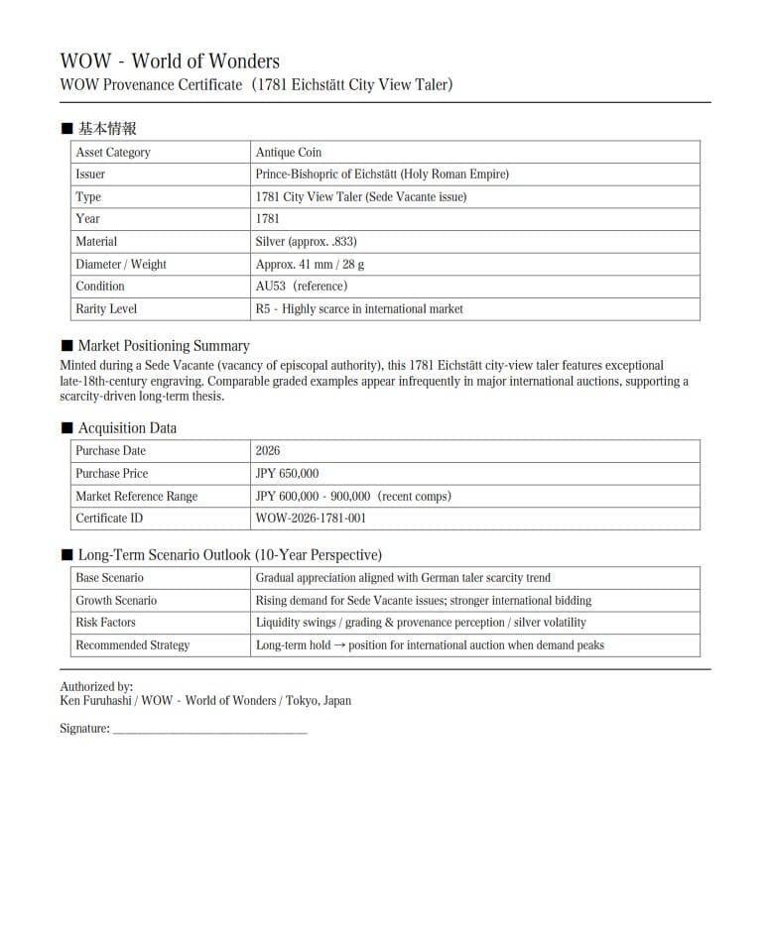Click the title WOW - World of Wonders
click(x=170, y=61)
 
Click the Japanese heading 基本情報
click(x=107, y=129)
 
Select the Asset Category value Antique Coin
click(x=289, y=152)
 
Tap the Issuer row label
click(x=90, y=175)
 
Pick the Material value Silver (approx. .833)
click(x=307, y=242)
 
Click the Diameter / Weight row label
click(x=121, y=265)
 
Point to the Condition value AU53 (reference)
click(x=302, y=287)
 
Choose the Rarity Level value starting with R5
click(x=359, y=309)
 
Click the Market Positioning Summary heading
click(x=164, y=346)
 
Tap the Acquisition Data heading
click(x=127, y=428)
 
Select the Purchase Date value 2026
click(x=268, y=451)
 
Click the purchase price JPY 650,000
click(x=288, y=474)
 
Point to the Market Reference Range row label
click(x=136, y=497)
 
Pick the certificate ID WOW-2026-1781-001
click(x=311, y=519)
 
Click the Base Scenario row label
click(x=109, y=578)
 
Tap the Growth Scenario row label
click(x=116, y=601)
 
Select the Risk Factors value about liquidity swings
click(x=421, y=623)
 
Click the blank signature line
click(x=210, y=731)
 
